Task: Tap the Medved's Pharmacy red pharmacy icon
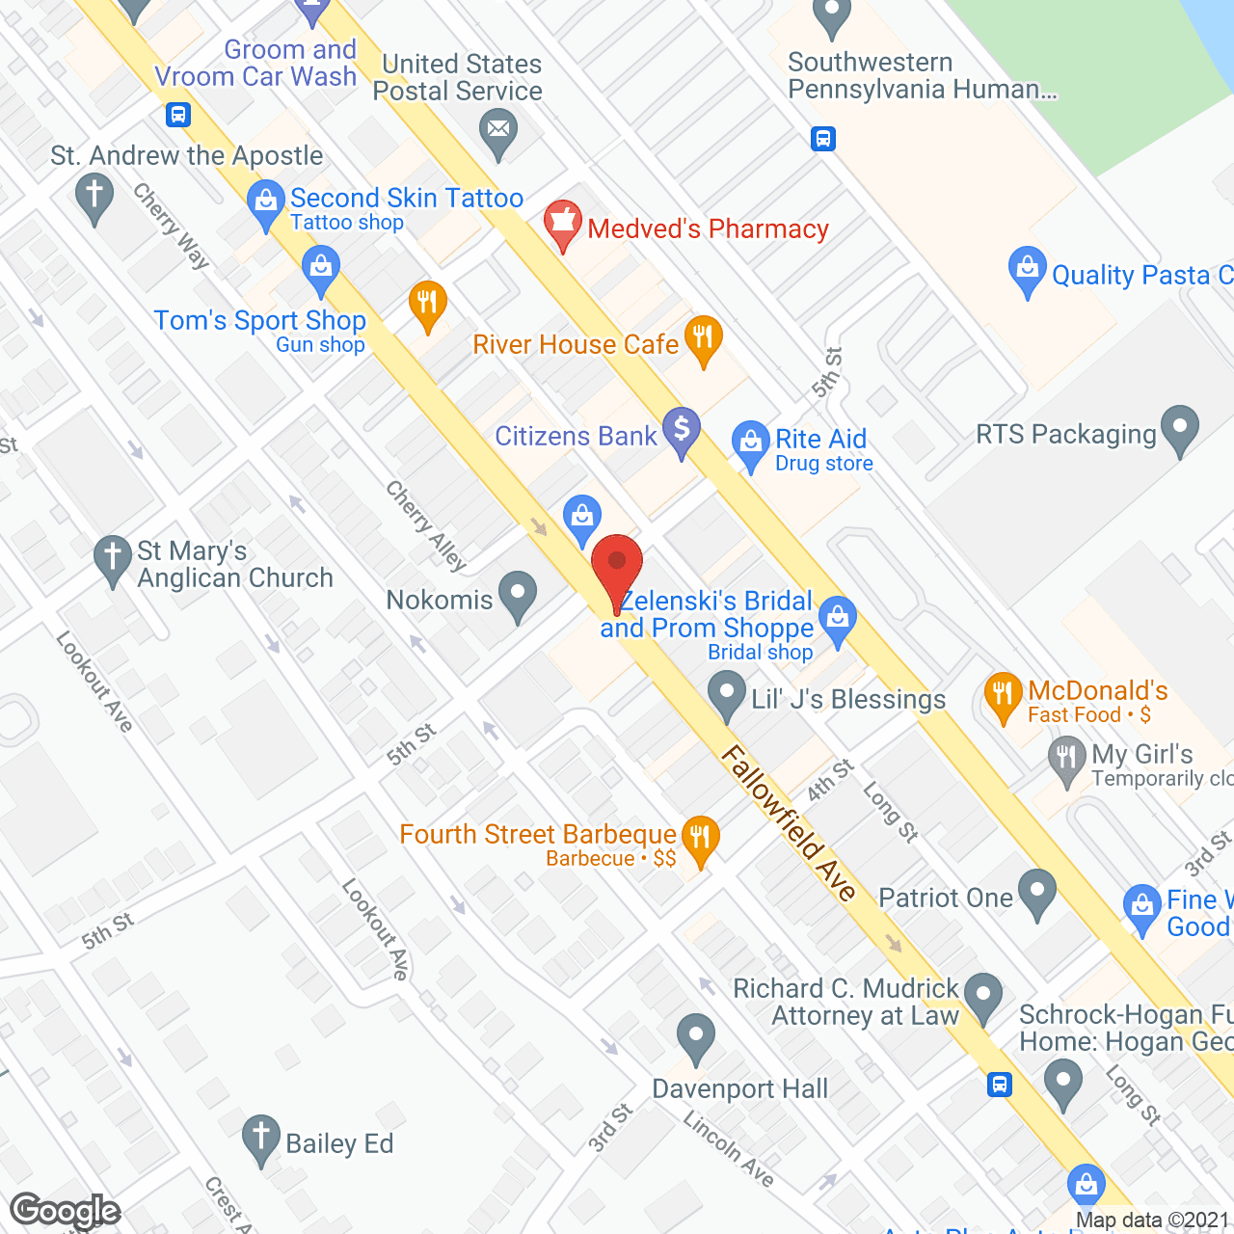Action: (x=562, y=224)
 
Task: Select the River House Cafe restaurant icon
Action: (x=704, y=339)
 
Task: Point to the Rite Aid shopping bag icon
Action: (x=750, y=444)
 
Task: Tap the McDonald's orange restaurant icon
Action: (x=1004, y=695)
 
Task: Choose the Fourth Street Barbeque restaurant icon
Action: (x=700, y=839)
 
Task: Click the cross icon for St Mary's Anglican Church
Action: (x=113, y=558)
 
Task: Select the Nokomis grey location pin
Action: (x=518, y=595)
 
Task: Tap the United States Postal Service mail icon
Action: (x=498, y=131)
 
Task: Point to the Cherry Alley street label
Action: (x=426, y=525)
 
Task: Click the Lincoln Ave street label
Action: (x=729, y=1148)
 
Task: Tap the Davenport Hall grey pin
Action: (x=695, y=1038)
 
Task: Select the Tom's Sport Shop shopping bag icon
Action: (x=320, y=269)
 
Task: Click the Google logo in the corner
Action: (x=65, y=1211)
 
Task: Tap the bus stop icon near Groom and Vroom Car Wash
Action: (x=177, y=115)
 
